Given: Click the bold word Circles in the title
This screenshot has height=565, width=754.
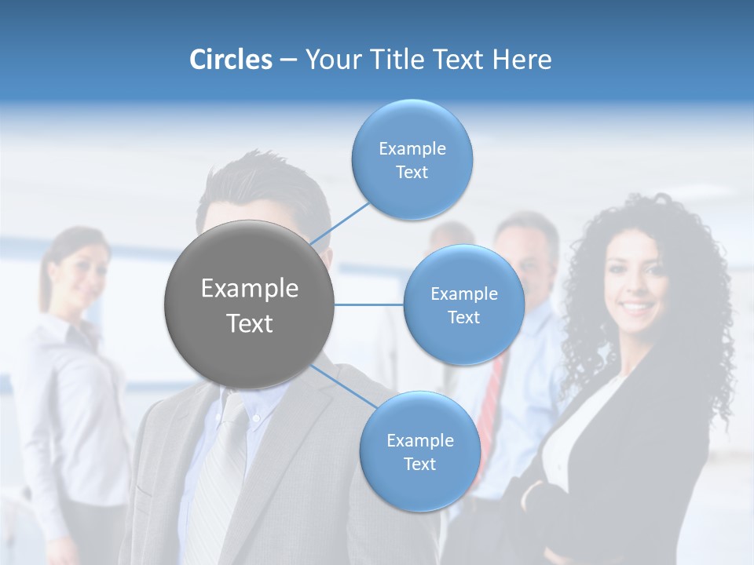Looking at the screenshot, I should (x=231, y=60).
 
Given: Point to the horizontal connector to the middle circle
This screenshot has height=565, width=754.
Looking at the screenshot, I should (x=369, y=304).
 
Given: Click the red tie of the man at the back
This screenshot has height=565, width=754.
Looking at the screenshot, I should (x=489, y=408).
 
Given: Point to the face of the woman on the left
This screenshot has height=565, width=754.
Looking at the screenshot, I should (x=82, y=274).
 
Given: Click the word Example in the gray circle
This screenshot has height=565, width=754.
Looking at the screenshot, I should (x=250, y=289).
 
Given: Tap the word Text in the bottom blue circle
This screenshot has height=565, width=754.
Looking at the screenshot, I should (x=419, y=465).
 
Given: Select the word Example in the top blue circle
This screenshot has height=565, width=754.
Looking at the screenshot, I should (x=412, y=149).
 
